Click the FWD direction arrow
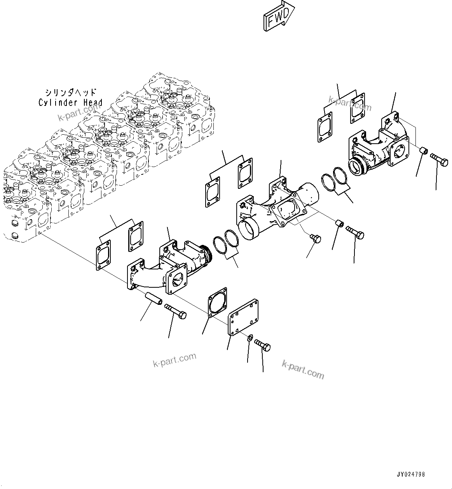pos(278,16)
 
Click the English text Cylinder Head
pos(70,103)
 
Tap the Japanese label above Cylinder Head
pos(70,93)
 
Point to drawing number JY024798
pos(411,475)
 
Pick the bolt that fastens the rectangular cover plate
pos(263,345)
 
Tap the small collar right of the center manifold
pos(339,223)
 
